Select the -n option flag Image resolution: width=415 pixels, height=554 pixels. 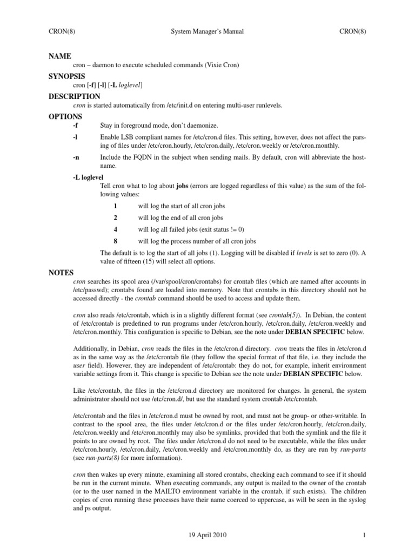point(76,157)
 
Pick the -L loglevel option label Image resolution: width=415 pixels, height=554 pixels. point(88,177)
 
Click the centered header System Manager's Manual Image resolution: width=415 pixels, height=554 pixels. point(207,31)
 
